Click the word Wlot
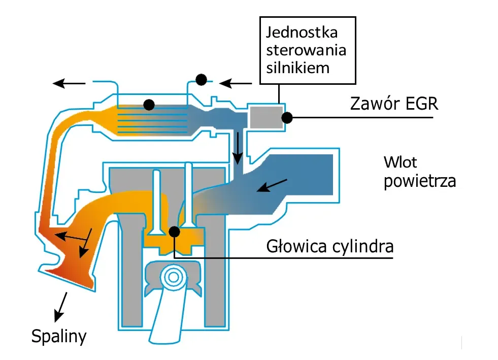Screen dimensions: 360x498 coord(401,163)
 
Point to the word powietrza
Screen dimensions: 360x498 coord(419,181)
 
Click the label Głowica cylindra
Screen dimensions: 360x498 coord(330,247)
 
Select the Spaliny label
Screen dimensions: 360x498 coord(59,336)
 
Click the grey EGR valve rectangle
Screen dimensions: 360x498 coord(266,117)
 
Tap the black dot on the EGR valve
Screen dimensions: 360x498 coord(287,117)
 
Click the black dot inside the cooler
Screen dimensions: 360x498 coord(149,105)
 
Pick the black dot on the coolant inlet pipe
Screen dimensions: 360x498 coord(201,79)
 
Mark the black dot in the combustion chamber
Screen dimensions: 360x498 coord(175,232)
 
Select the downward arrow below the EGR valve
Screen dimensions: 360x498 coord(237,147)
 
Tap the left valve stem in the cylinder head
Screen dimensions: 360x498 coord(156,201)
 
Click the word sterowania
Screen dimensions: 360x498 coord(306,51)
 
